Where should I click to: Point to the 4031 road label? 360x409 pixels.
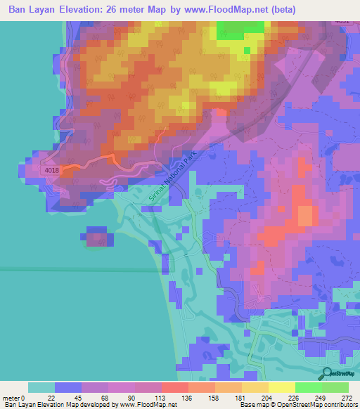[x=342, y=22]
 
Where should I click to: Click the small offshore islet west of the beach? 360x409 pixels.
[x=98, y=237]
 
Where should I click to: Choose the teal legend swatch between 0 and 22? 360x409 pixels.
[x=41, y=387]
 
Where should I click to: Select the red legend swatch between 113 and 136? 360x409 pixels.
[x=174, y=387]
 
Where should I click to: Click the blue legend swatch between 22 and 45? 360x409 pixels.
[x=68, y=387]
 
